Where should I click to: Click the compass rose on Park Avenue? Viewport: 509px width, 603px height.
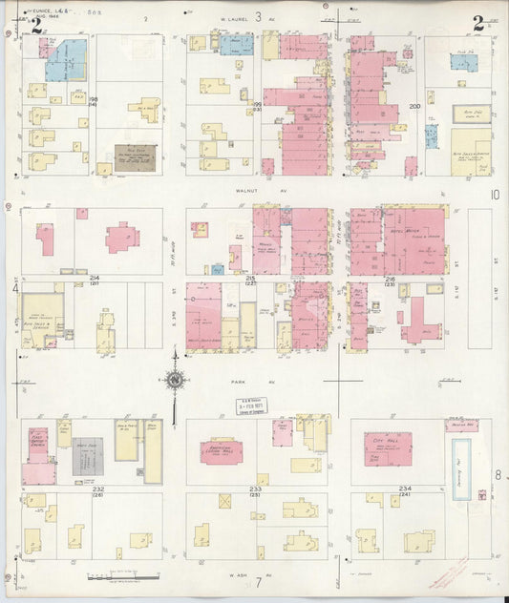click(x=175, y=382)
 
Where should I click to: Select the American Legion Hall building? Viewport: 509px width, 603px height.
click(x=221, y=450)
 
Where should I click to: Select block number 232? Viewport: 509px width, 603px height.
click(x=97, y=489)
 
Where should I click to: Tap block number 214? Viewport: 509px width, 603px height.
click(x=94, y=278)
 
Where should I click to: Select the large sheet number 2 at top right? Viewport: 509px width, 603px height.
click(x=477, y=23)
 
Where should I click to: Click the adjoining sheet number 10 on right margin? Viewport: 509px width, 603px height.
click(x=495, y=194)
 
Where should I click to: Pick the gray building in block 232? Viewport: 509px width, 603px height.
click(x=89, y=457)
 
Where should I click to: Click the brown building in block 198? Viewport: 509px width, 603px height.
click(x=134, y=158)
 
